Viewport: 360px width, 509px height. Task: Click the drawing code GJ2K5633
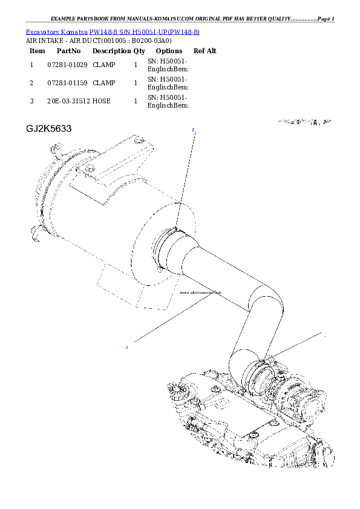pyautogui.click(x=49, y=129)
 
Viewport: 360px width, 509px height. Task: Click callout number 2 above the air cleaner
pyautogui.click(x=193, y=129)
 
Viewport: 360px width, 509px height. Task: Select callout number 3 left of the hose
pyautogui.click(x=126, y=347)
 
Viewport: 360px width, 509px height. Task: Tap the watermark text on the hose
pyautogui.click(x=201, y=292)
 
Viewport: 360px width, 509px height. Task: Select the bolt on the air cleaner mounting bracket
pyautogui.click(x=89, y=167)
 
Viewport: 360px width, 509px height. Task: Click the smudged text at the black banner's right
pyautogui.click(x=305, y=122)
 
